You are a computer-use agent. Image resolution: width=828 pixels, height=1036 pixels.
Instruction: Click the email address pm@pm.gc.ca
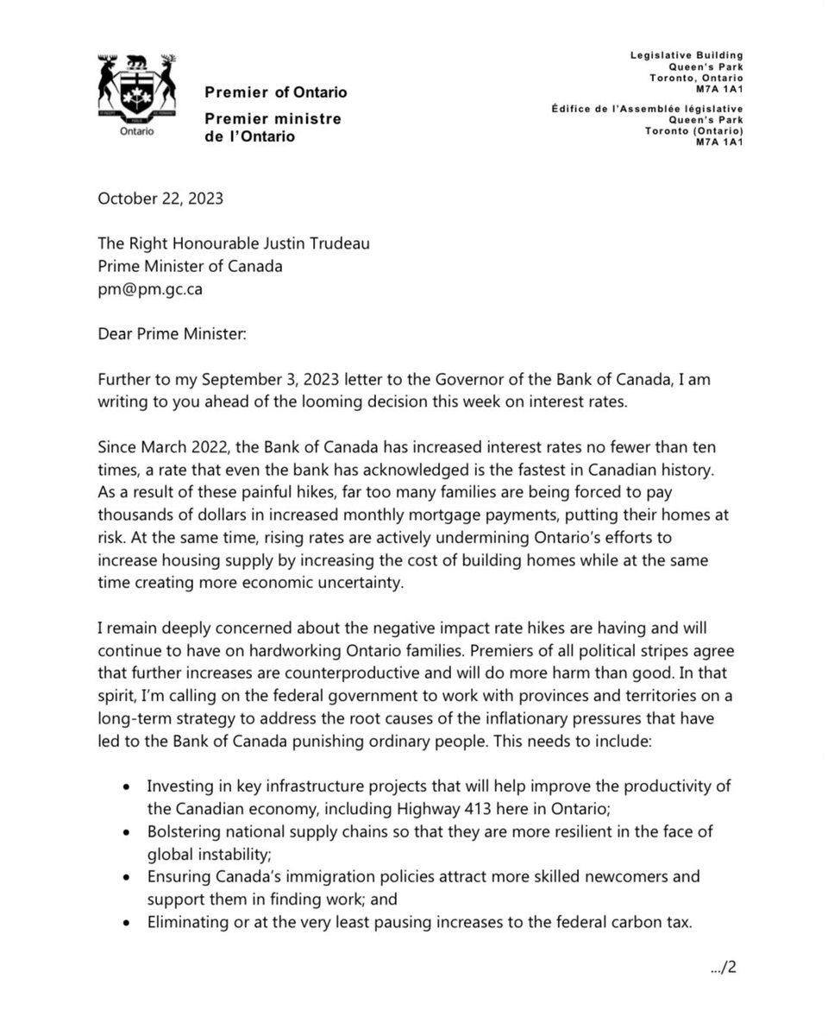152,289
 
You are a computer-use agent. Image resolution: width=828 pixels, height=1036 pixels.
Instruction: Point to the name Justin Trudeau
297,244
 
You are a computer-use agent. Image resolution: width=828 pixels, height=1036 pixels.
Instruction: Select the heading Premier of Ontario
276,92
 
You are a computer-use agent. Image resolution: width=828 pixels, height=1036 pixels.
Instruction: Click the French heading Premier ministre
273,118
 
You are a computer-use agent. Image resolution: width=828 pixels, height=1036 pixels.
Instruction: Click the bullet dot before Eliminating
128,923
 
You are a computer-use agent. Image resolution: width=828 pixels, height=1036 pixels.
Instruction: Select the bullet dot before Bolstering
128,832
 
